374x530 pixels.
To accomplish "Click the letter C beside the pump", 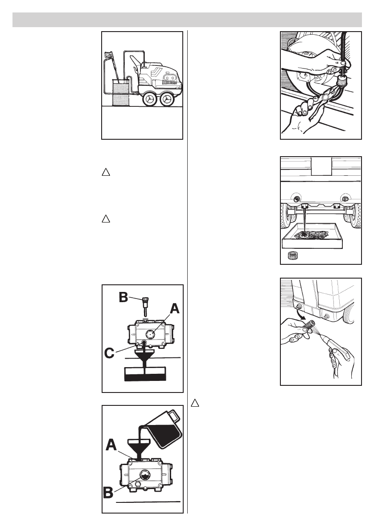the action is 111,354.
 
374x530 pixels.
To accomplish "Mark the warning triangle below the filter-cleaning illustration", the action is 194,403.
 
